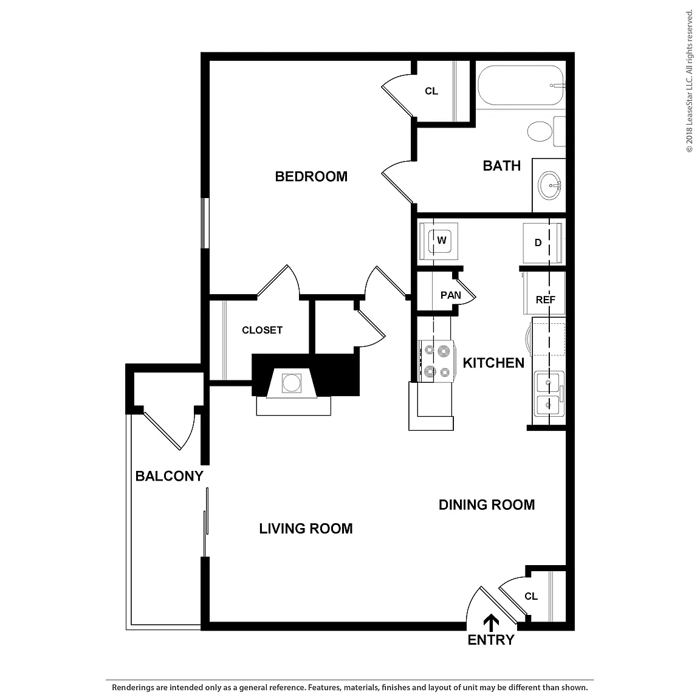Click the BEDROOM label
pyautogui.click(x=311, y=176)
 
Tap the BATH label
pyautogui.click(x=502, y=166)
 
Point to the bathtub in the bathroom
pyautogui.click(x=521, y=85)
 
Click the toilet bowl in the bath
pyautogui.click(x=540, y=131)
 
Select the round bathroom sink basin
pyautogui.click(x=550, y=185)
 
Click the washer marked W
pyautogui.click(x=440, y=241)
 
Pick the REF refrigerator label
pyautogui.click(x=546, y=300)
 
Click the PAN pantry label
pyautogui.click(x=450, y=295)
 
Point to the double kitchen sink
pyautogui.click(x=549, y=393)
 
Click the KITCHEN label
pyautogui.click(x=493, y=363)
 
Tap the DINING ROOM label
pyautogui.click(x=487, y=505)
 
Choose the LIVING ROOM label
pyautogui.click(x=306, y=529)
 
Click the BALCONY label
pyautogui.click(x=169, y=476)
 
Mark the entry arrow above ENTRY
pyautogui.click(x=492, y=623)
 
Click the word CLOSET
pyautogui.click(x=262, y=330)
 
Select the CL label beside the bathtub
pyautogui.click(x=431, y=91)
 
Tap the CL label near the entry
pyautogui.click(x=531, y=596)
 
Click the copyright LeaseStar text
pyautogui.click(x=689, y=80)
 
